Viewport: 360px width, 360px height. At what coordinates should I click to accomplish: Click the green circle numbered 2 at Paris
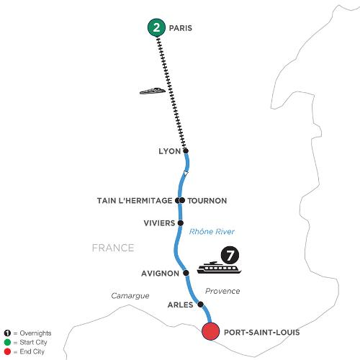[x=156, y=27]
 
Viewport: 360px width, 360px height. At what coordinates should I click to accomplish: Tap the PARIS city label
[x=181, y=28]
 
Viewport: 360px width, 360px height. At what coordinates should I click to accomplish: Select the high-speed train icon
[x=153, y=91]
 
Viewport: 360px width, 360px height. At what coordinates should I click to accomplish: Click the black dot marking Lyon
[x=186, y=151]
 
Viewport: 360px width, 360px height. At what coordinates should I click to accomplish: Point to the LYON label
[x=170, y=151]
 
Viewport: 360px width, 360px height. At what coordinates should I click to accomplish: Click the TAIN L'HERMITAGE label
[x=135, y=201]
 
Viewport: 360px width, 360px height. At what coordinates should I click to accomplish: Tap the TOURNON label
[x=207, y=201]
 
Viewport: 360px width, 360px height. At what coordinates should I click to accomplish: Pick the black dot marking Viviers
[x=181, y=223]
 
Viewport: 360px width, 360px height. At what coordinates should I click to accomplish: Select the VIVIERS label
[x=159, y=223]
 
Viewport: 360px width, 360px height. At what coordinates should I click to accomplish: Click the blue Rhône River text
[x=212, y=232]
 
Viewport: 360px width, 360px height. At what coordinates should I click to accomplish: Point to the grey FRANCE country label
[x=113, y=248]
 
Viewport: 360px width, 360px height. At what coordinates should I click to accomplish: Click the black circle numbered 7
[x=230, y=256]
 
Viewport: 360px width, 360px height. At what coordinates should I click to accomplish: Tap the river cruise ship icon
[x=219, y=268]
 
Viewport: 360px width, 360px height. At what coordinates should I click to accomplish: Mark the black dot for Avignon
[x=186, y=273]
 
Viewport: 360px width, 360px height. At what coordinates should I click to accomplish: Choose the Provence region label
[x=222, y=291]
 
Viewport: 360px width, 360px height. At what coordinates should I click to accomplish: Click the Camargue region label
[x=130, y=296]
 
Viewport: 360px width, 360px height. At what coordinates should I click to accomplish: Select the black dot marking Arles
[x=200, y=305]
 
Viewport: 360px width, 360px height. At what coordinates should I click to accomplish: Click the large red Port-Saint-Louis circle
[x=210, y=331]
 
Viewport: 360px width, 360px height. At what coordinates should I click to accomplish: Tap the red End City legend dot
[x=7, y=352]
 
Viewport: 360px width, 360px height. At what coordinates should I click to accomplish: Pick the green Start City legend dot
[x=7, y=343]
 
